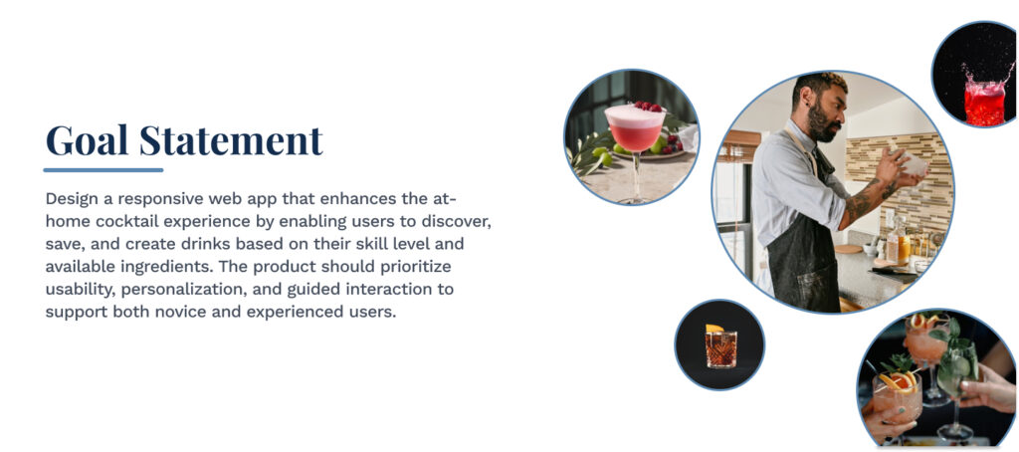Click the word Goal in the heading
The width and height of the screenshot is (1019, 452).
pyautogui.click(x=87, y=139)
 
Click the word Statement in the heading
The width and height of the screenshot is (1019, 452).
pyautogui.click(x=231, y=139)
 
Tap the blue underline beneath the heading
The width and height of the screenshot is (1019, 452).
pyautogui.click(x=103, y=170)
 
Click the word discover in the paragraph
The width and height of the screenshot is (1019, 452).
pyautogui.click(x=456, y=222)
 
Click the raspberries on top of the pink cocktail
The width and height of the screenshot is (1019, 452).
pyautogui.click(x=647, y=106)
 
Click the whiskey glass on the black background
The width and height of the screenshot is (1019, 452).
pyautogui.click(x=720, y=347)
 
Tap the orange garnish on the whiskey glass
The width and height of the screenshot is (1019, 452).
pyautogui.click(x=714, y=329)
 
